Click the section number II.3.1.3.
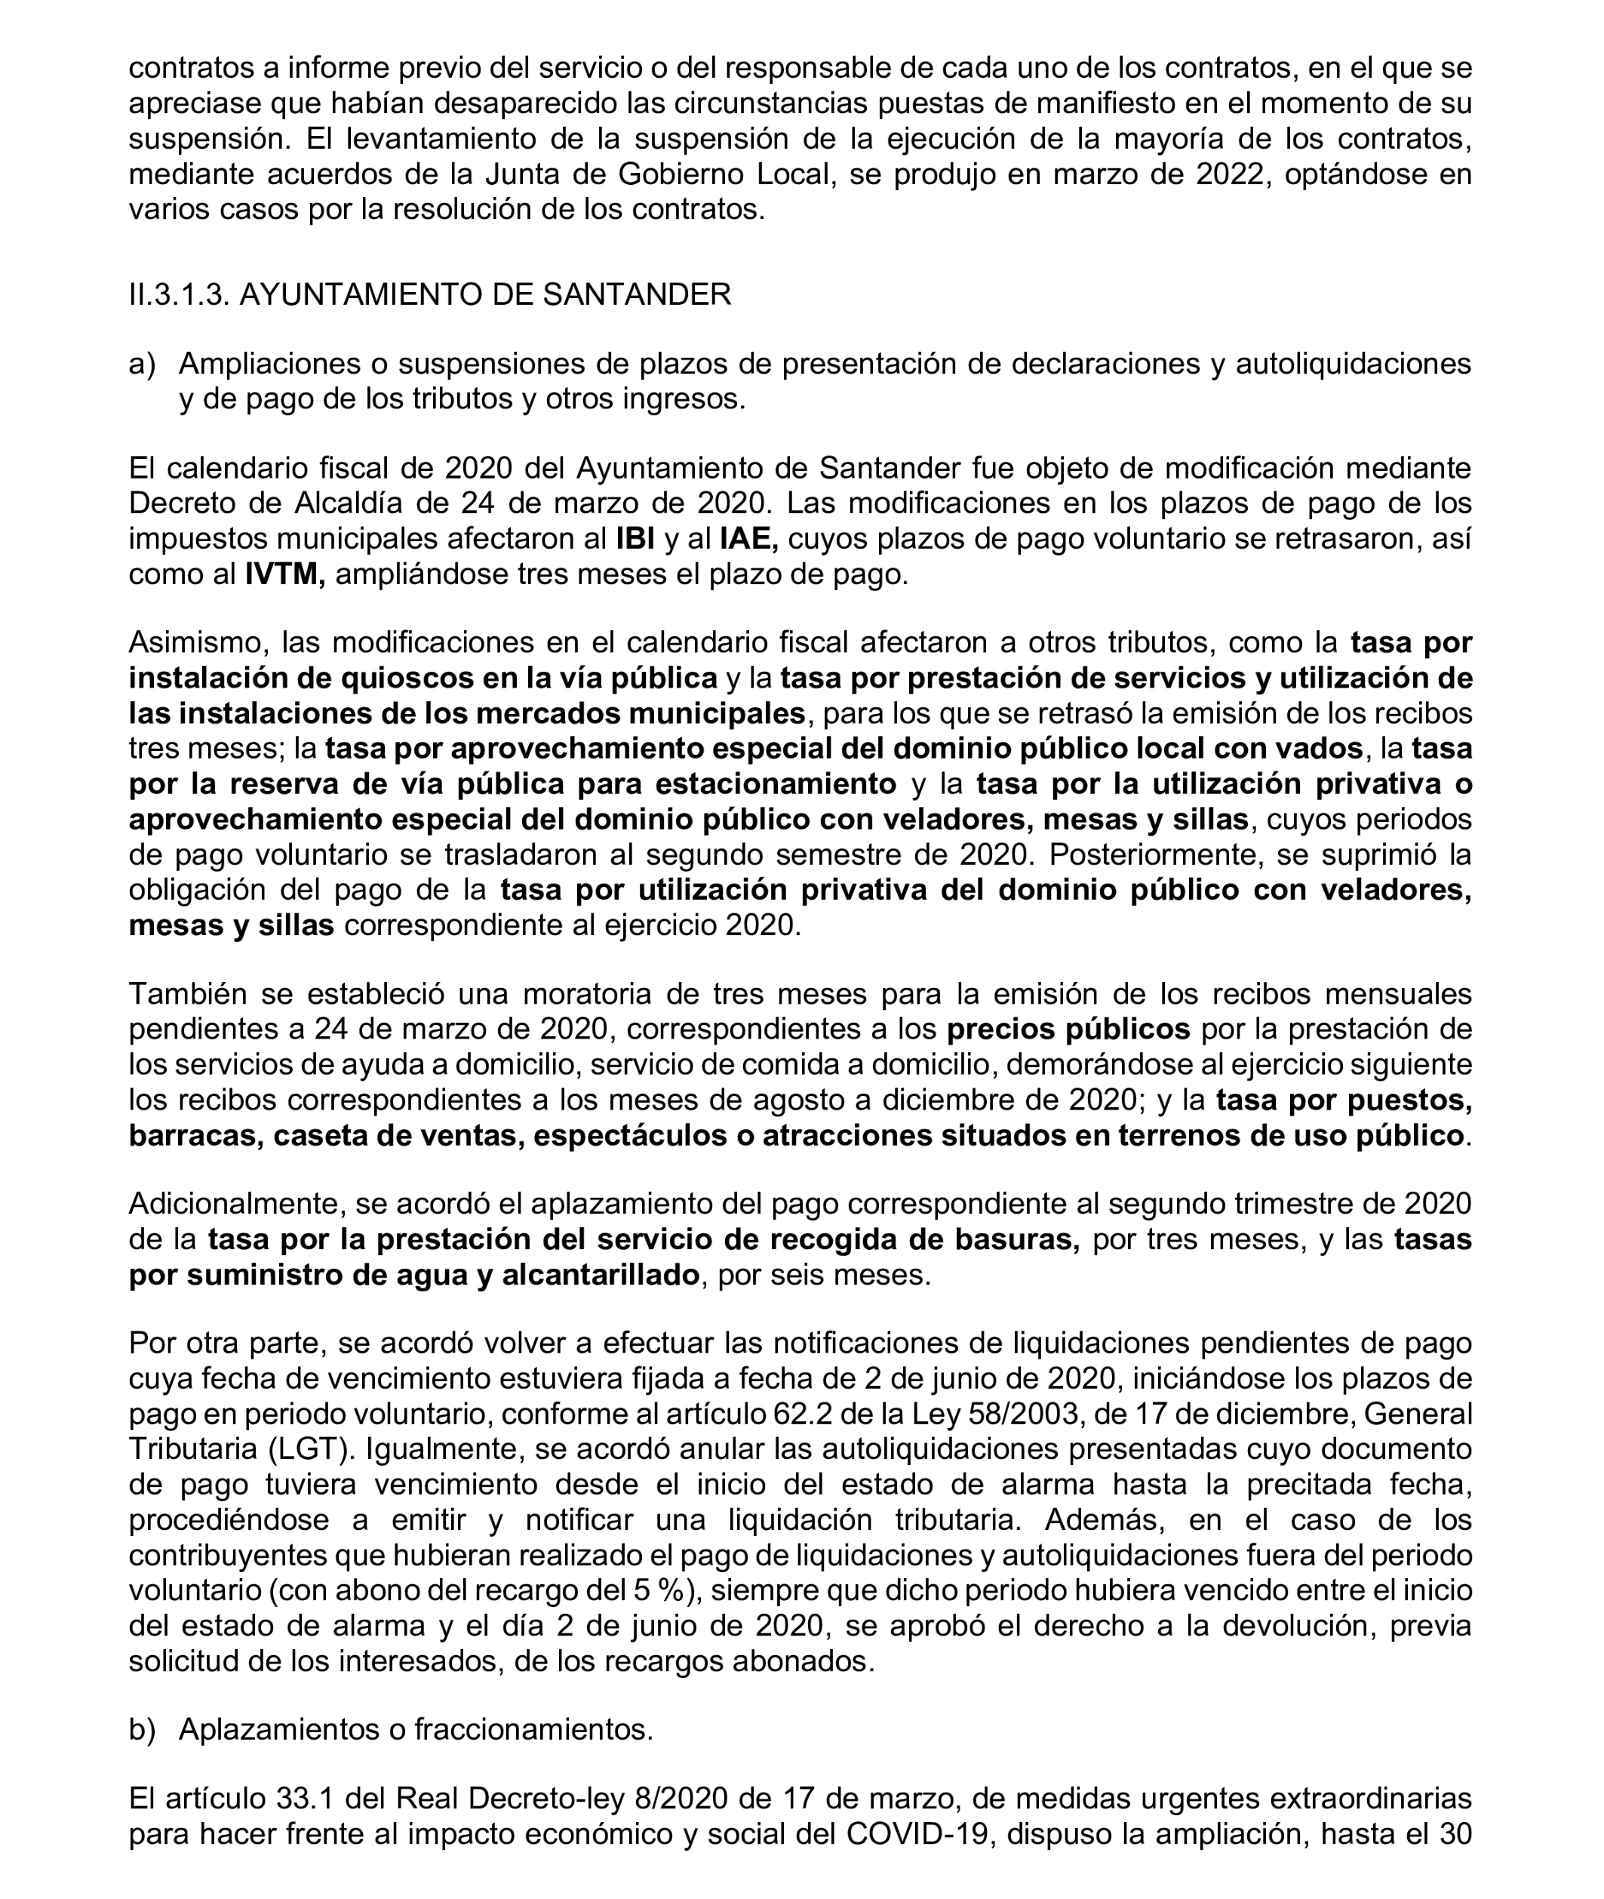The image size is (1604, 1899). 178,294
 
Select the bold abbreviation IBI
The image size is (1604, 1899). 635,540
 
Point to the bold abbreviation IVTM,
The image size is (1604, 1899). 284,575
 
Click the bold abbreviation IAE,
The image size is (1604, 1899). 748,540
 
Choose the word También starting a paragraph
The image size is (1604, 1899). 187,994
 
